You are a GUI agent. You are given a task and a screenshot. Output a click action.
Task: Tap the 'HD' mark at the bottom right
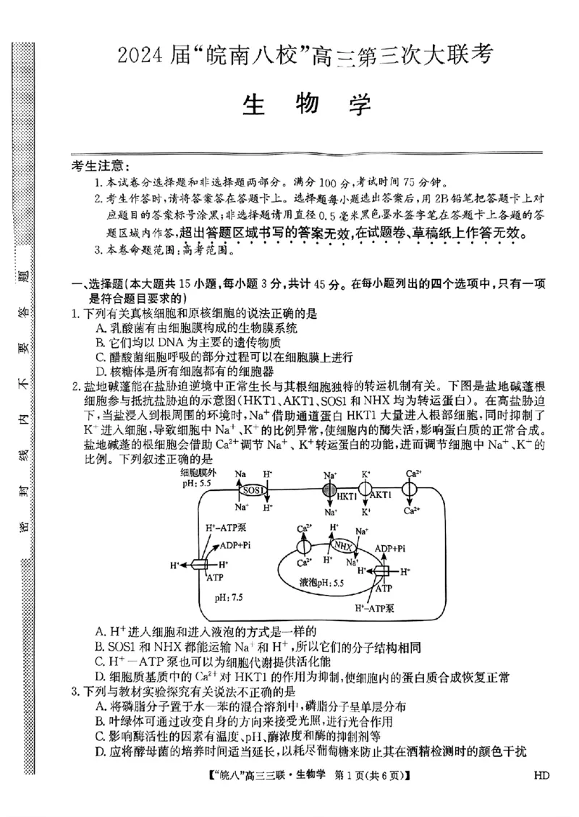point(541,777)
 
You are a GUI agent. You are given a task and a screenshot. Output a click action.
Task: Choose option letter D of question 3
point(100,751)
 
